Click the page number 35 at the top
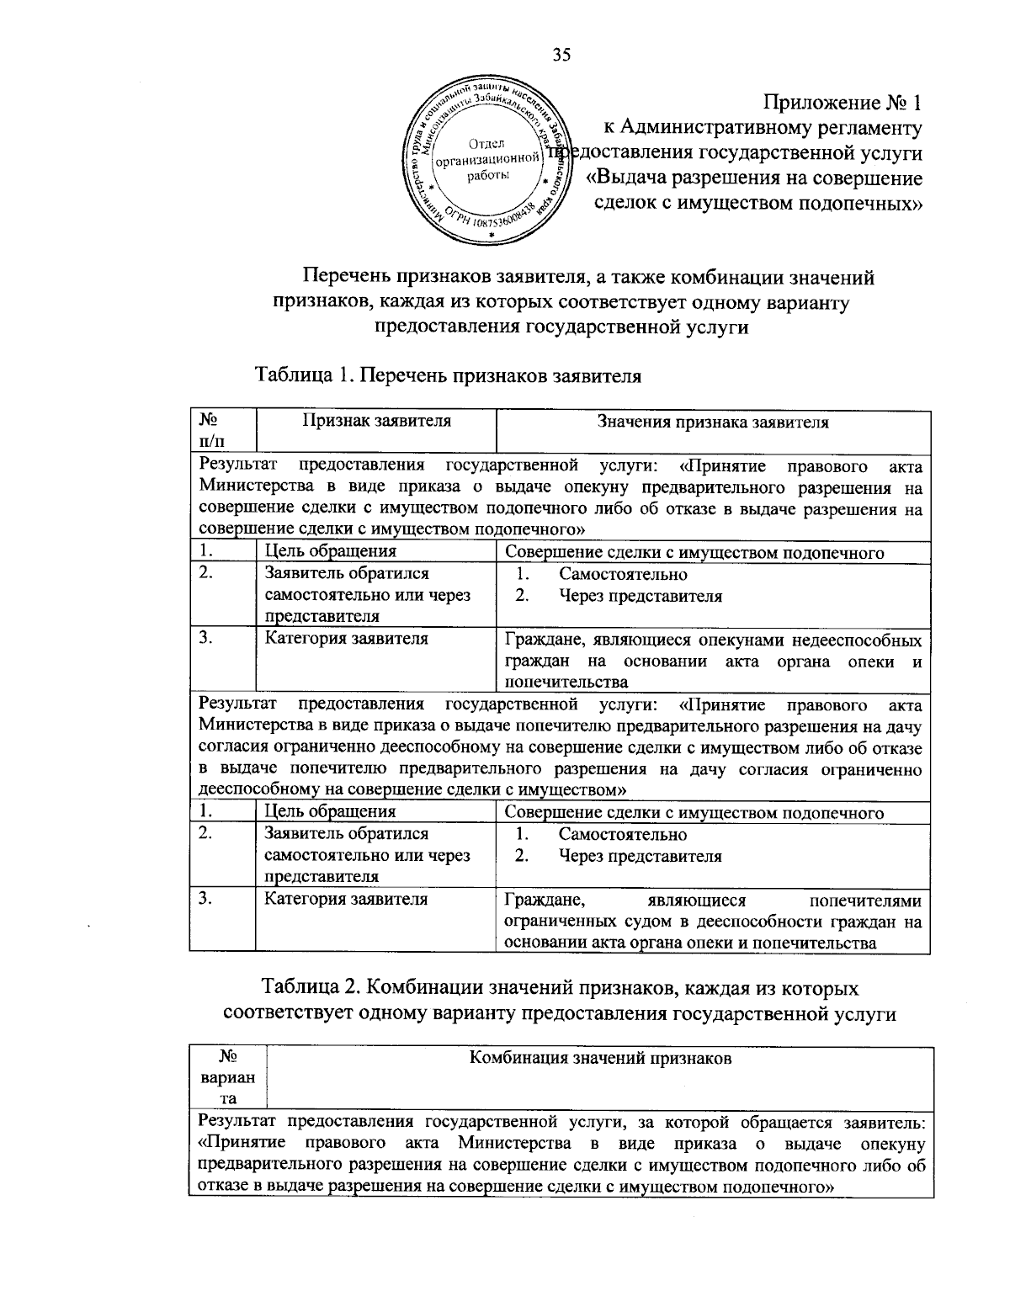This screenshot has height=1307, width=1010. click(561, 56)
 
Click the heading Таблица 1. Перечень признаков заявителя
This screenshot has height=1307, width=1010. click(448, 376)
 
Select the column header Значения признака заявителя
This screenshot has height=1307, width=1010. click(712, 422)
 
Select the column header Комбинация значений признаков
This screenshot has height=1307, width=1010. click(599, 1059)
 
